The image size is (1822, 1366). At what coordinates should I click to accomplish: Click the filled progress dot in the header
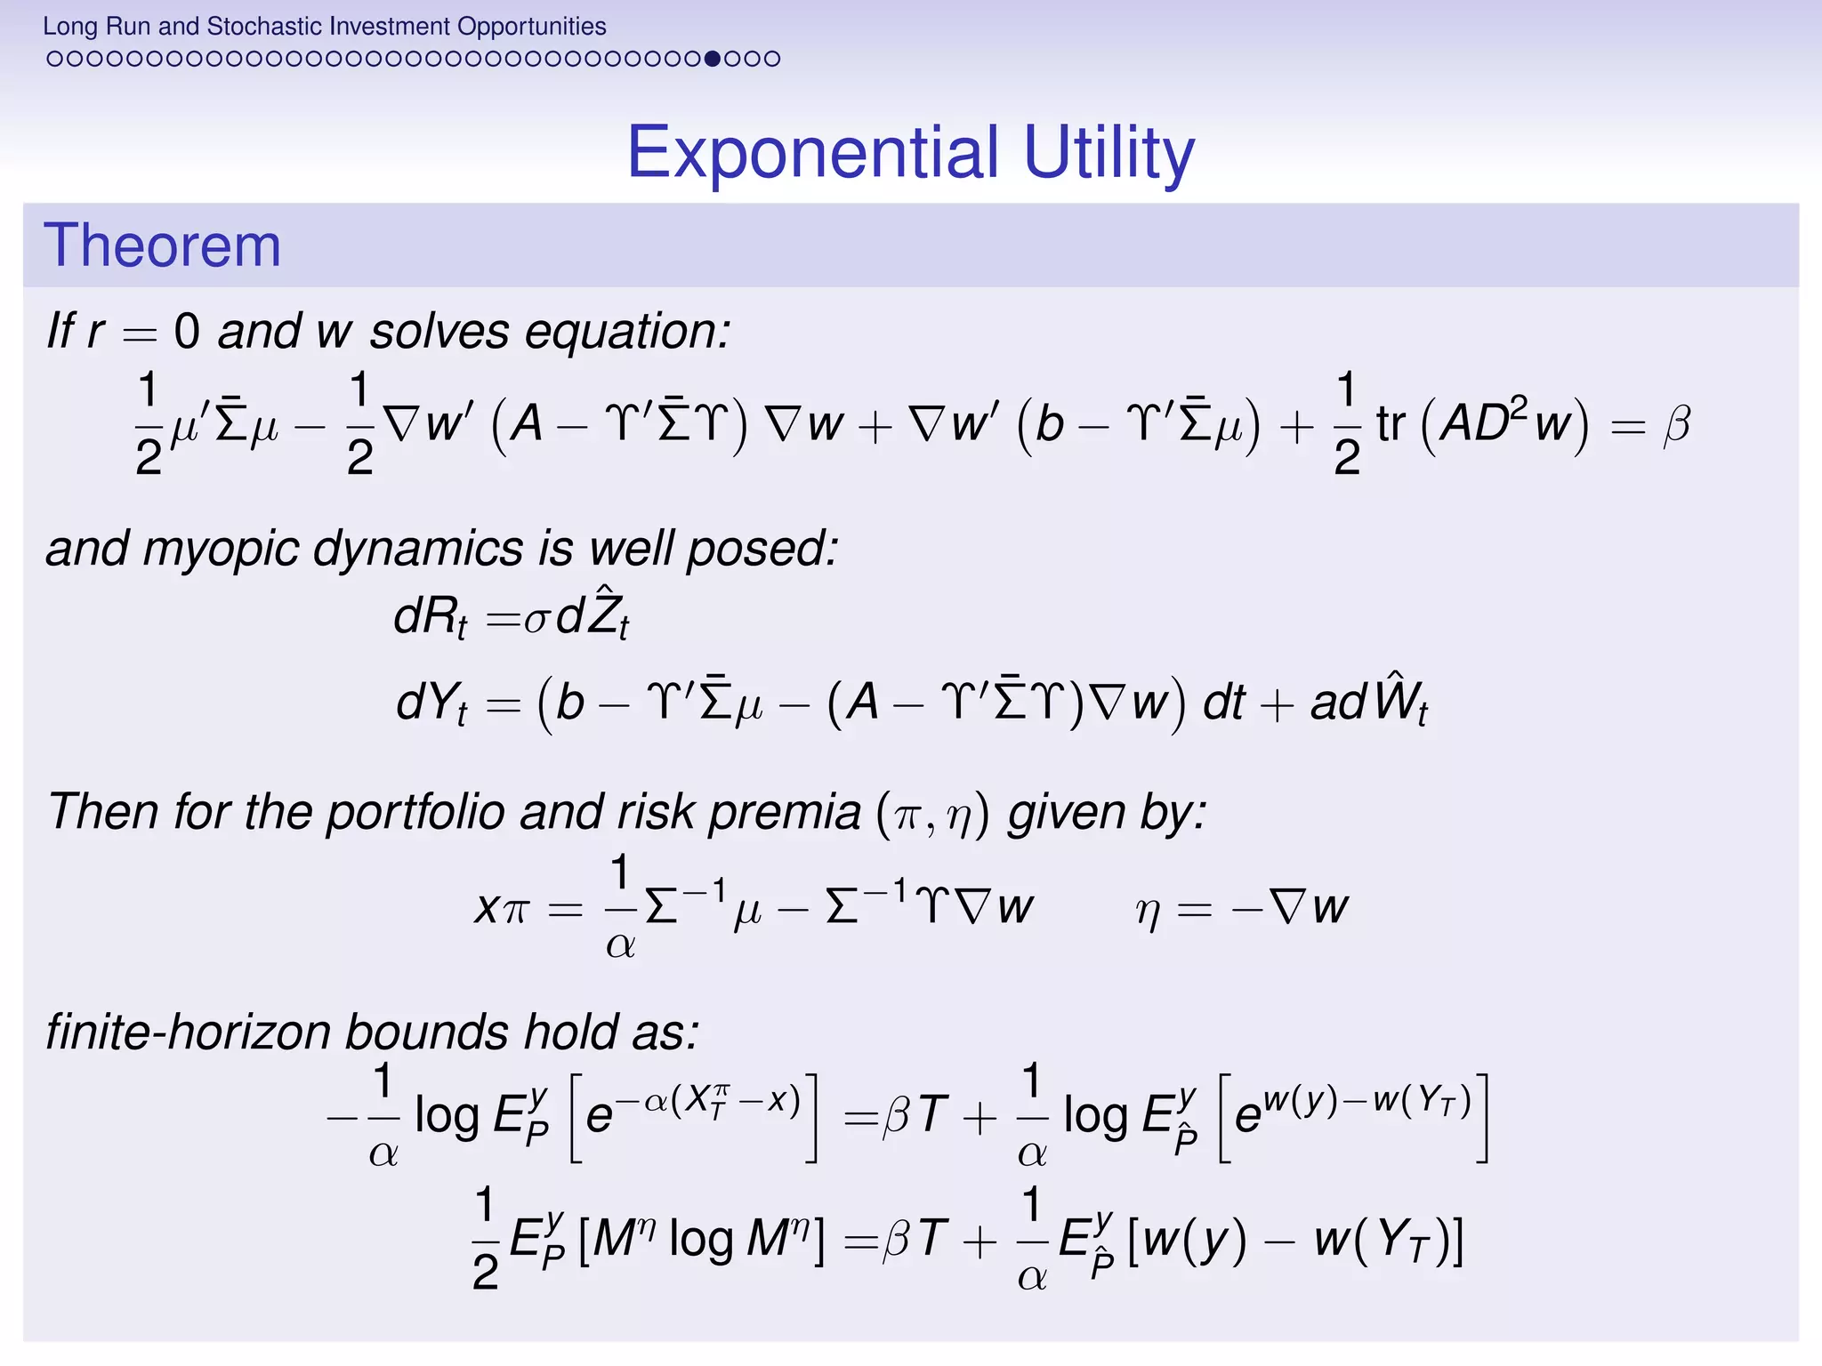pos(712,59)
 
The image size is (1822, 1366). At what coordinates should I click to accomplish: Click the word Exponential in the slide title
pos(813,152)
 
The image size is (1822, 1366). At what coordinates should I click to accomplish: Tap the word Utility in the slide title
pos(1109,152)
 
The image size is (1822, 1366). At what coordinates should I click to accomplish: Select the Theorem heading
pos(162,245)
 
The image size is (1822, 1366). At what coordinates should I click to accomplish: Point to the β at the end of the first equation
pos(1676,425)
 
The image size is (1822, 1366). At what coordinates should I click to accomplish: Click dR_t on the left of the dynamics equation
pos(430,616)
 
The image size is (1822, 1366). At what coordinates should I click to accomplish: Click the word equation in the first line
pos(626,332)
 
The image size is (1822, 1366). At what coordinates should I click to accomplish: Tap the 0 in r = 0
pos(187,332)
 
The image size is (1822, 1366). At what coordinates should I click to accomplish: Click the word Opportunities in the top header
pos(532,26)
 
